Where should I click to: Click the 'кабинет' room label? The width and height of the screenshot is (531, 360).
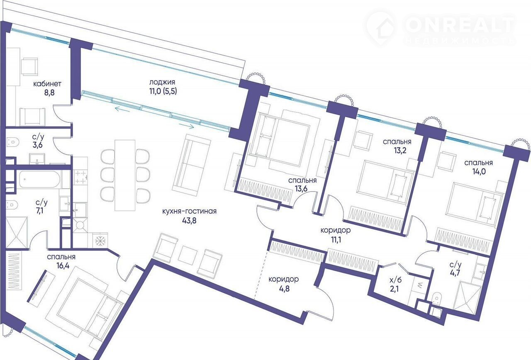47,84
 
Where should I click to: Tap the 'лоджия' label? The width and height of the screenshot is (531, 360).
162,82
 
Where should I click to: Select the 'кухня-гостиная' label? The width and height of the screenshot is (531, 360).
190,211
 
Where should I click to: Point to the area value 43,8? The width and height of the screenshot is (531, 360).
189,221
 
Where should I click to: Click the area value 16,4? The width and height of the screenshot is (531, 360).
63,266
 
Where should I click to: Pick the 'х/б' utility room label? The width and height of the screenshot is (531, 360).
396,280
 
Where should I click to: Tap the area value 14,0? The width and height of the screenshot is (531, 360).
479,171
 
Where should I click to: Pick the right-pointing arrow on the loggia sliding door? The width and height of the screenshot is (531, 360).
186,126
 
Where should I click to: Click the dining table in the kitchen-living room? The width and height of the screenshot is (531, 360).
125,175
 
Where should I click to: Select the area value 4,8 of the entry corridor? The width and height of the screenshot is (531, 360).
284,289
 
